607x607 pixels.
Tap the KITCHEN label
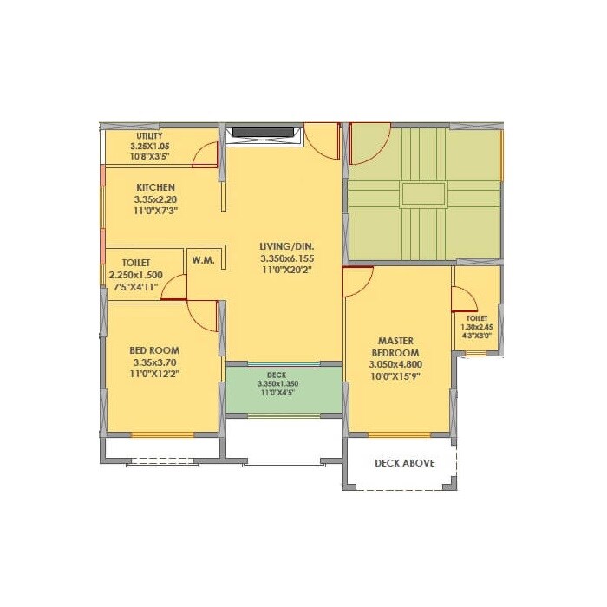[x=155, y=187]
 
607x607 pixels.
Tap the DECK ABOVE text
[x=404, y=463]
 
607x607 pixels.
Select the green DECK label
[x=277, y=375]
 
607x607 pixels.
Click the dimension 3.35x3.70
[x=156, y=362]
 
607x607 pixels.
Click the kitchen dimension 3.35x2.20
[x=155, y=199]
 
